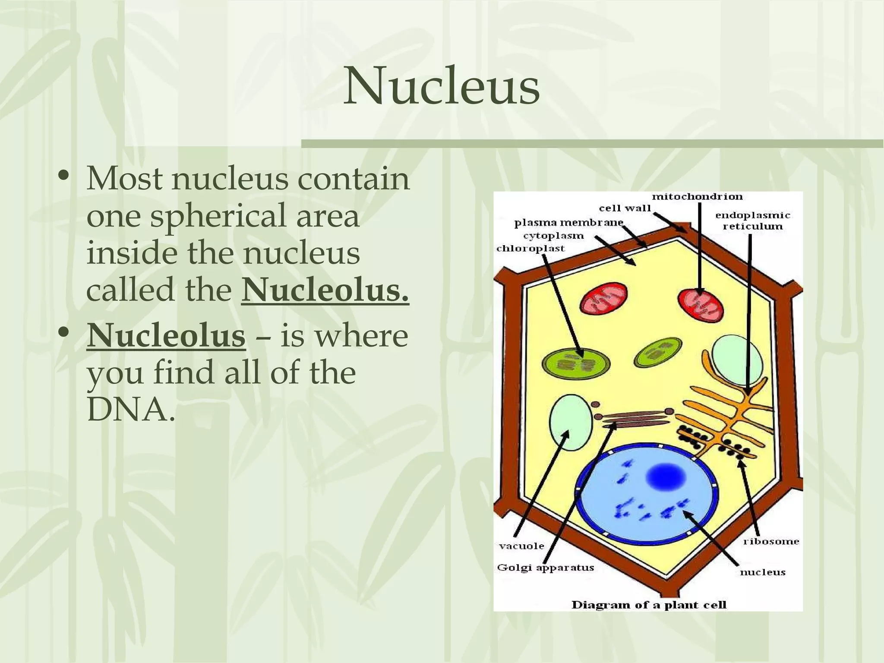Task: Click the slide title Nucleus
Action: [x=441, y=87]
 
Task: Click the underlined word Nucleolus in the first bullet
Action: [x=325, y=291]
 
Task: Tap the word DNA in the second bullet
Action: [x=129, y=412]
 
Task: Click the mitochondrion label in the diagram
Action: [x=697, y=197]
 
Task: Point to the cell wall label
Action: [x=625, y=208]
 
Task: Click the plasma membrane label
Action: [x=569, y=223]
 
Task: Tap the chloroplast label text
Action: [x=530, y=249]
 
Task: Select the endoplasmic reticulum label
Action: [x=753, y=221]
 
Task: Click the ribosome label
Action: [x=771, y=541]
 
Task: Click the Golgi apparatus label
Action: [x=546, y=568]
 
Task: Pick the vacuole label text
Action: [x=521, y=546]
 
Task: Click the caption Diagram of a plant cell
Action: [x=649, y=605]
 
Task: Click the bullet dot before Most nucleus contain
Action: [x=64, y=177]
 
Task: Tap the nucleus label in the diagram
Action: [x=762, y=572]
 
